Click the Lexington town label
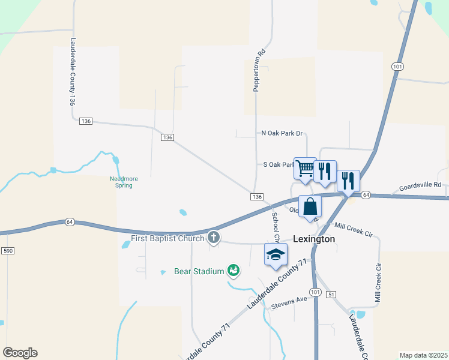tap(314, 239)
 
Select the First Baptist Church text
tap(167, 238)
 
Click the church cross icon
tap(213, 238)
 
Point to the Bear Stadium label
tap(199, 271)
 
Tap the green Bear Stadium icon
tap(234, 271)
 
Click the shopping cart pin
tap(305, 169)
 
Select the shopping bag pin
tap(310, 206)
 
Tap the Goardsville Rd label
tap(421, 185)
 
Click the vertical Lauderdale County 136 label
tap(72, 73)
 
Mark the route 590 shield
tap(8, 250)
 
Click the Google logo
tap(20, 353)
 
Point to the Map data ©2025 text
tap(423, 355)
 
